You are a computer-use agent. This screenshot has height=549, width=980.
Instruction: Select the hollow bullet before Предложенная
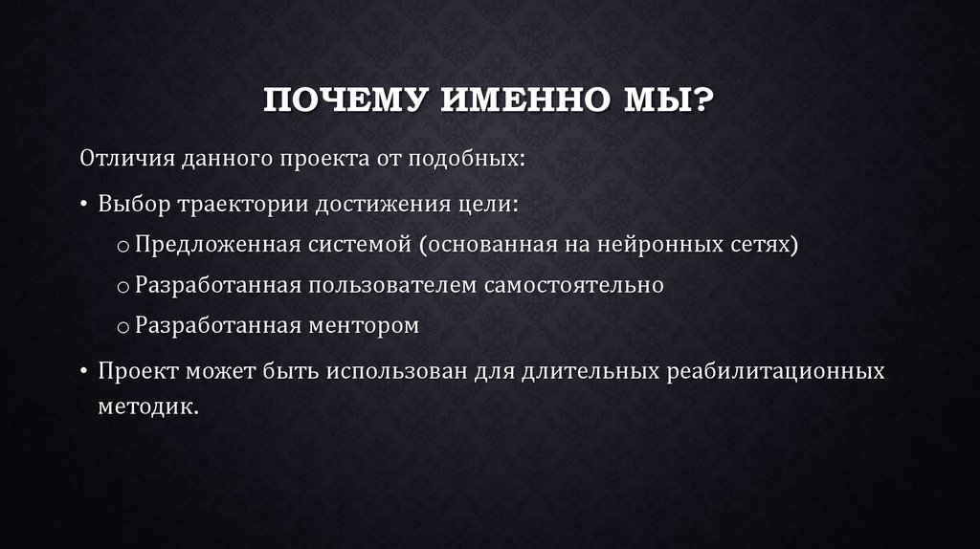(x=123, y=247)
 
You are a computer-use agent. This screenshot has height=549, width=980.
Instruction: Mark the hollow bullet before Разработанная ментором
(x=123, y=327)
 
